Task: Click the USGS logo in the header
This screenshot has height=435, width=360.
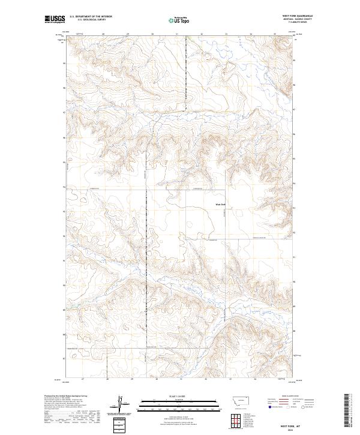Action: coord(55,19)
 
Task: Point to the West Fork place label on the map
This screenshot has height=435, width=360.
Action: coord(220,205)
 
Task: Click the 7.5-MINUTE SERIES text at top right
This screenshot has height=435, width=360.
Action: coord(298,23)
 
